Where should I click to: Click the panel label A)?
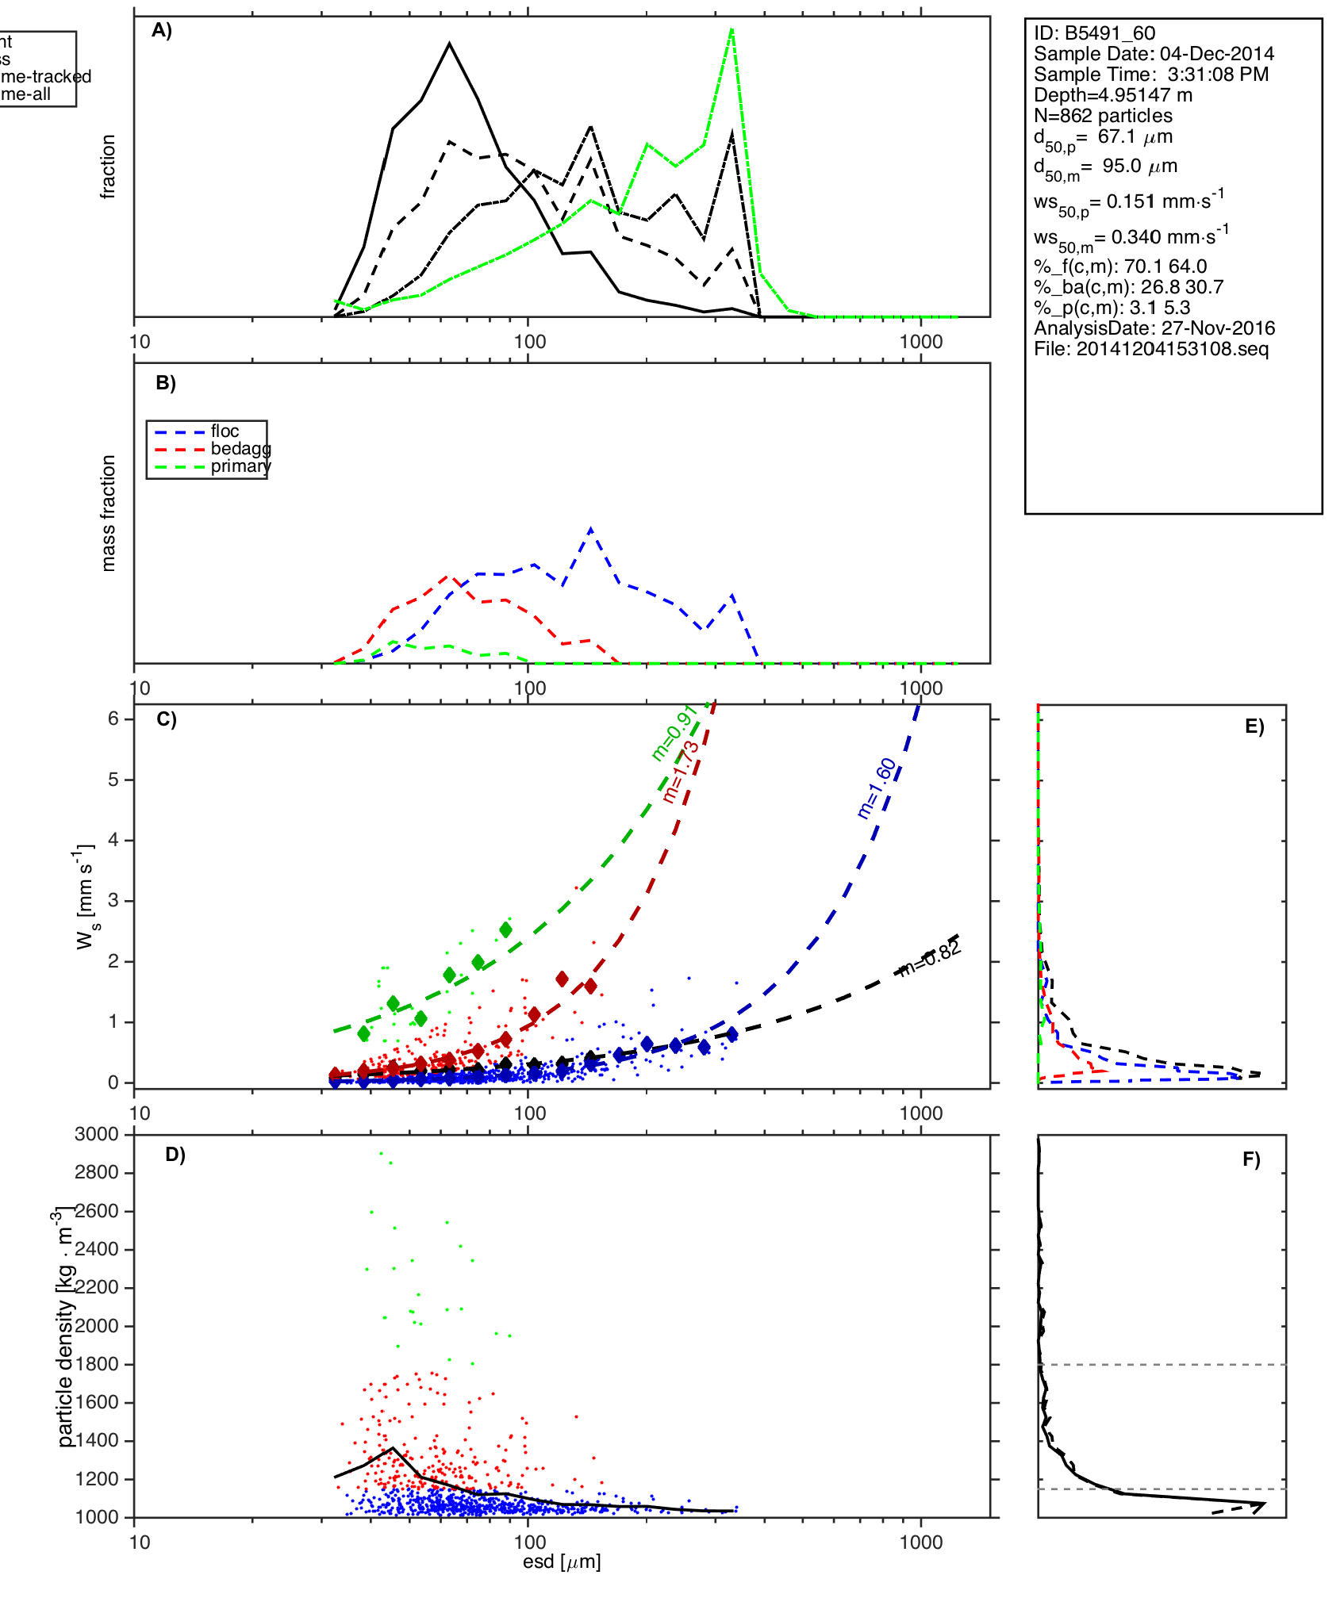pyautogui.click(x=162, y=31)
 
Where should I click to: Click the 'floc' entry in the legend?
pyautogui.click(x=225, y=431)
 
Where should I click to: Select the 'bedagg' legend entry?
pyautogui.click(x=240, y=449)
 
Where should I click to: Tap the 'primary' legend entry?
pyautogui.click(x=240, y=466)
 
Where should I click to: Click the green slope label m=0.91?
pyautogui.click(x=674, y=733)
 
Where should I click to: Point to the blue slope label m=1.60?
pyautogui.click(x=877, y=788)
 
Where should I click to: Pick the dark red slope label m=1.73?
pyautogui.click(x=682, y=772)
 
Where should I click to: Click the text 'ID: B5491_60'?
pyautogui.click(x=1094, y=33)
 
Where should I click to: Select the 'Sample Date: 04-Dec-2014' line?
pyautogui.click(x=1154, y=54)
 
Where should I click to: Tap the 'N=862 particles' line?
pyautogui.click(x=1103, y=116)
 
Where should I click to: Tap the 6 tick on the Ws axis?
pyautogui.click(x=114, y=719)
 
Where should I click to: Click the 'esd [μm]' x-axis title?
pyautogui.click(x=561, y=1562)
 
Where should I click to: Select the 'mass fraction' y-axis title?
pyautogui.click(x=108, y=512)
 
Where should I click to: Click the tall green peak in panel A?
pyautogui.click(x=732, y=29)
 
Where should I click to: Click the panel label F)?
pyautogui.click(x=1251, y=1159)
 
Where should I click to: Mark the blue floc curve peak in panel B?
pyautogui.click(x=590, y=529)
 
